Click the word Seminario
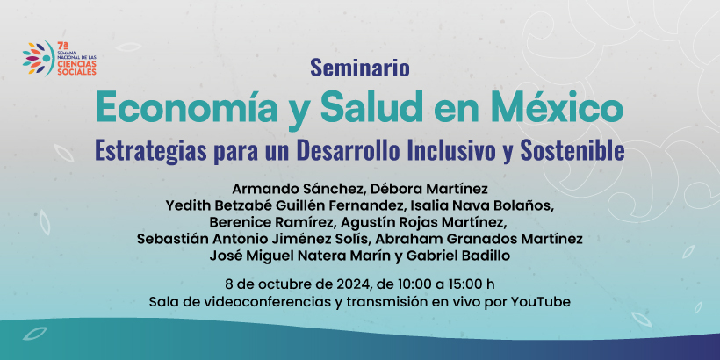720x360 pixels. coord(359,68)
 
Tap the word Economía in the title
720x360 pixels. coord(186,107)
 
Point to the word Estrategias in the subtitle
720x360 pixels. coord(151,152)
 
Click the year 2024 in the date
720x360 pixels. coord(353,284)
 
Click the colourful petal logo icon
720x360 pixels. coord(39,58)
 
